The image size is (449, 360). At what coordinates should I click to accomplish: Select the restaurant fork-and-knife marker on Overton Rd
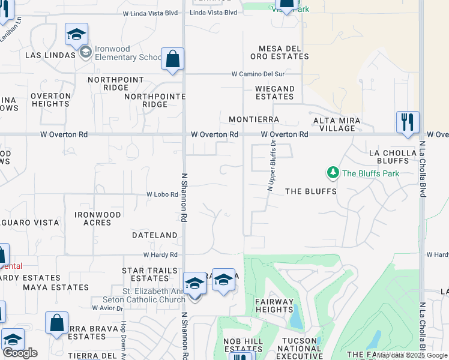[408, 122]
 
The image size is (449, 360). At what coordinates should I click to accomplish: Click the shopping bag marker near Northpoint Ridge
[172, 59]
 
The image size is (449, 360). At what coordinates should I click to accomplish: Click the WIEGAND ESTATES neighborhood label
[275, 92]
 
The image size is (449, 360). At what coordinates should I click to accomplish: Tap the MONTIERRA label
[254, 120]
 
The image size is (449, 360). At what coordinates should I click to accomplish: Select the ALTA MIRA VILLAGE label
[337, 124]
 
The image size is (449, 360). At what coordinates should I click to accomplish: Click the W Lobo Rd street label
[163, 194]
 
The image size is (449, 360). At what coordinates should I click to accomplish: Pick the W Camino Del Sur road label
[258, 74]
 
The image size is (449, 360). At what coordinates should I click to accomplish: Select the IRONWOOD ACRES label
[97, 218]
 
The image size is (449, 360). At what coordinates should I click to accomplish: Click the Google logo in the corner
[20, 352]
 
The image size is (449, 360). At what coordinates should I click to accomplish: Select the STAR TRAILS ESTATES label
[149, 274]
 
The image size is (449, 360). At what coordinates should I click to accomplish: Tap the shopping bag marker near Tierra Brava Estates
[56, 322]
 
